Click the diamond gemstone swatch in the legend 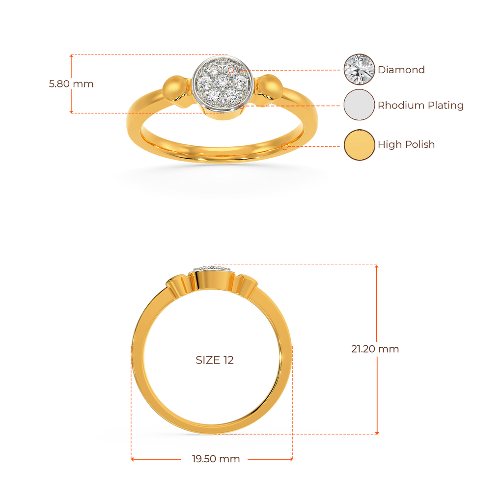tap(360, 70)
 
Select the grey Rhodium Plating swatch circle tap(360, 105)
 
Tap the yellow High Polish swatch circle tap(360, 144)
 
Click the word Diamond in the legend tap(401, 70)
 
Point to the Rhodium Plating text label tap(420, 105)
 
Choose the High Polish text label tap(406, 144)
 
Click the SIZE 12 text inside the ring tap(215, 360)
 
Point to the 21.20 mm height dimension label tap(375, 349)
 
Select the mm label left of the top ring tap(71, 84)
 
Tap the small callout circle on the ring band tap(284, 146)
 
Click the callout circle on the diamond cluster tap(231, 70)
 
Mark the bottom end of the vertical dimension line tap(377, 433)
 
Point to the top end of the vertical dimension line tap(377, 266)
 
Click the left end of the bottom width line tap(132, 459)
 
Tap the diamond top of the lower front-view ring tap(212, 268)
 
